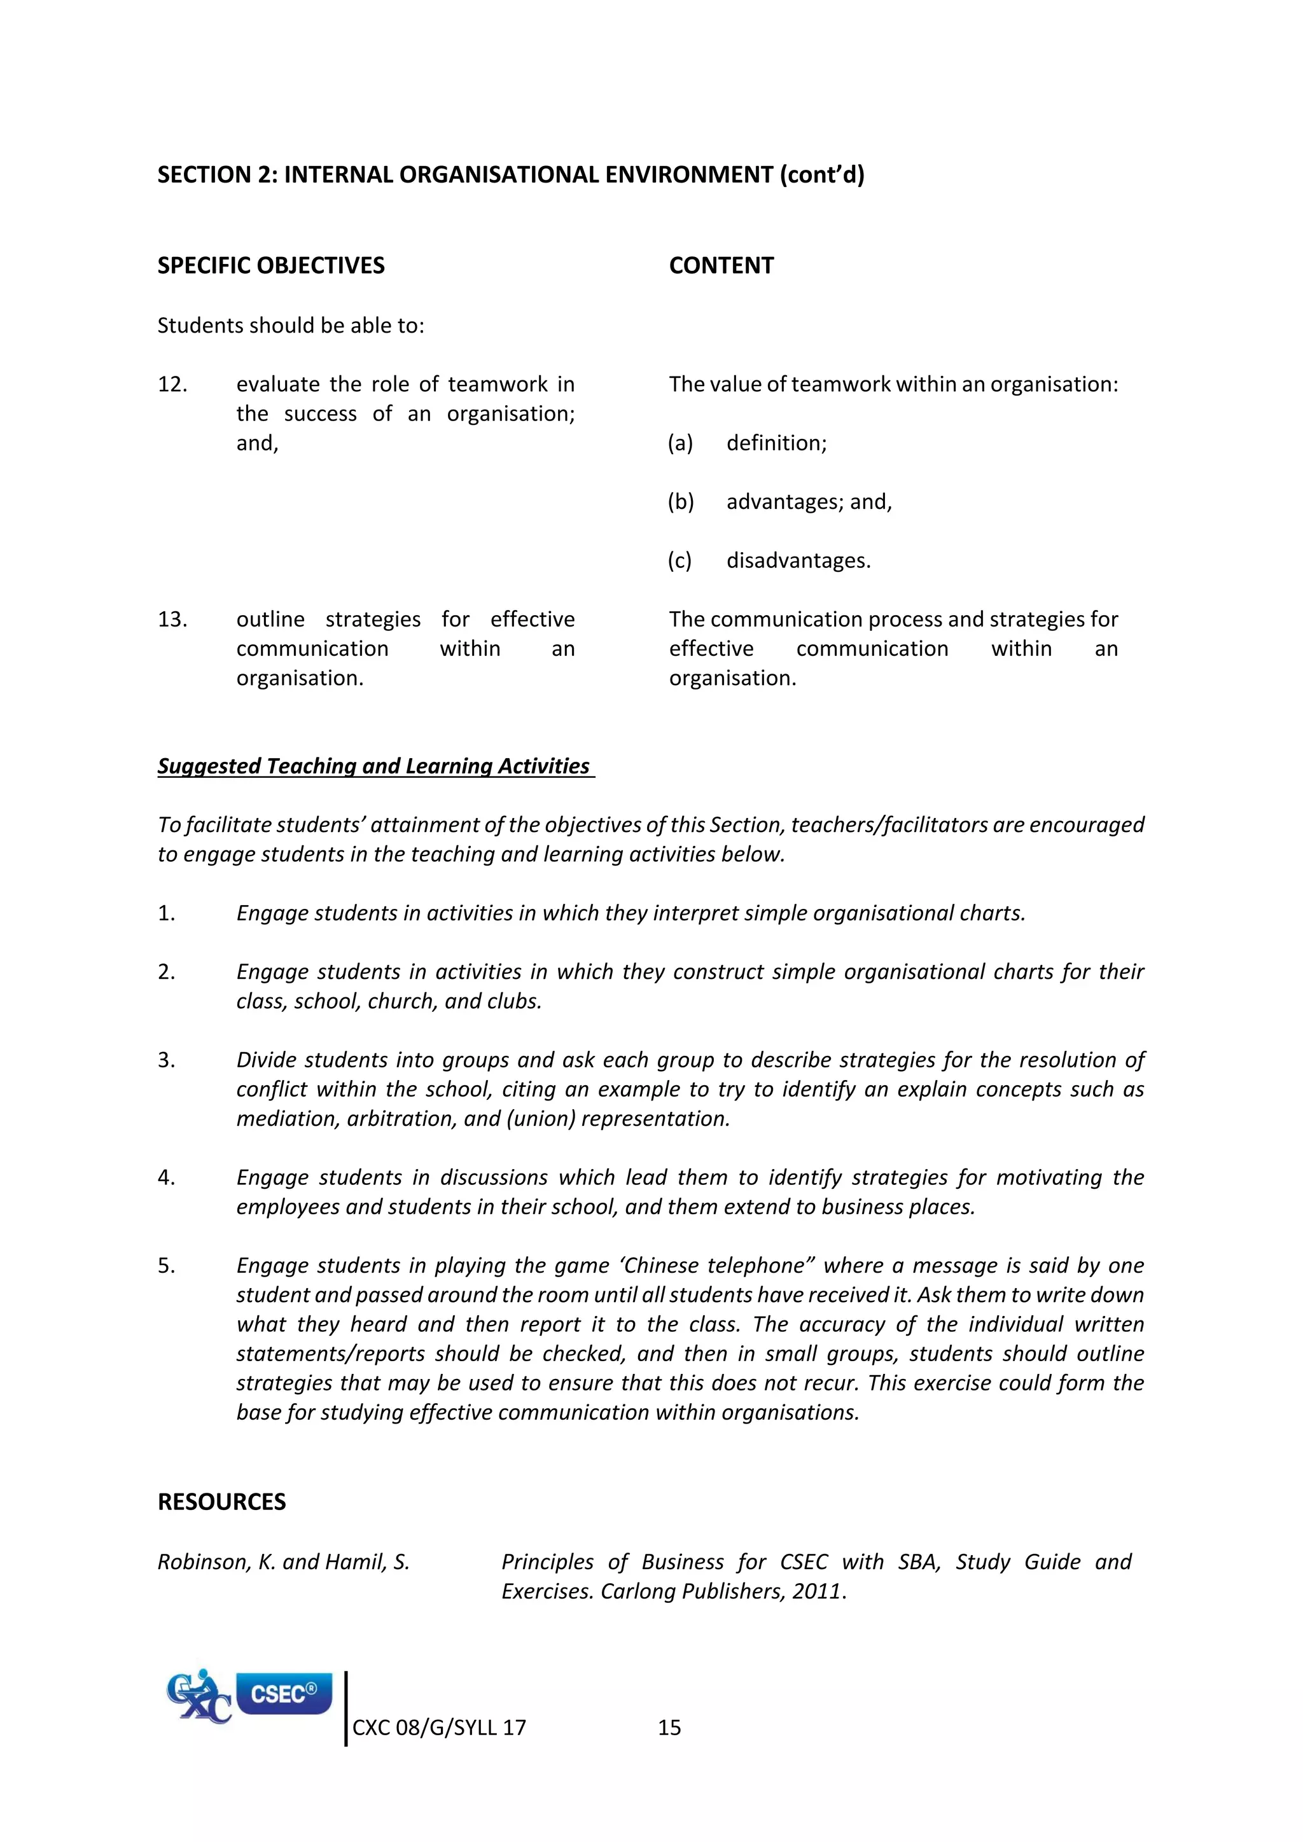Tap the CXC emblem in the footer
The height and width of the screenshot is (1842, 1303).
point(198,1697)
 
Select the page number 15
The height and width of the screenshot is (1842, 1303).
point(669,1728)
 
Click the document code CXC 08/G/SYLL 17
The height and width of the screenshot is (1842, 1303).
point(439,1728)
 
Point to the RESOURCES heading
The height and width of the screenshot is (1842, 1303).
point(221,1502)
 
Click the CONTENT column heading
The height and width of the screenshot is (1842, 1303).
point(721,265)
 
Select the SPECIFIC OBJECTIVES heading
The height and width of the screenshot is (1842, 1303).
point(270,265)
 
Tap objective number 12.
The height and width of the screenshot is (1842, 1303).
point(172,384)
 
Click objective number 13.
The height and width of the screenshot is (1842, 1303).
point(172,620)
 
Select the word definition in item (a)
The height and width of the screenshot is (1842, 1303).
point(776,443)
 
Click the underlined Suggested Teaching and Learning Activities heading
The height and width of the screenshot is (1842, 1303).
point(374,766)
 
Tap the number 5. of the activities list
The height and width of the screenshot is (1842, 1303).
point(166,1266)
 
